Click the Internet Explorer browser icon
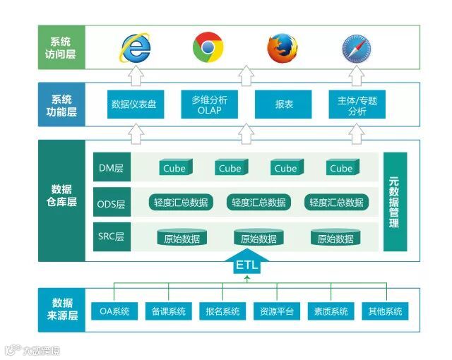click(136, 47)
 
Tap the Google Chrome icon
click(208, 47)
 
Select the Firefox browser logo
click(282, 48)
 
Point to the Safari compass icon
click(355, 48)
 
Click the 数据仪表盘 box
click(134, 104)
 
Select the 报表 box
click(283, 104)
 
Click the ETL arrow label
click(246, 266)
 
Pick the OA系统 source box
click(114, 311)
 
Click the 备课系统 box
click(168, 311)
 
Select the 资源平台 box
click(277, 311)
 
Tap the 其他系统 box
click(385, 311)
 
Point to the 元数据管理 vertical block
click(395, 202)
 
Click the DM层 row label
click(111, 168)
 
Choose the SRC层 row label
click(111, 237)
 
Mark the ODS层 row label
click(111, 203)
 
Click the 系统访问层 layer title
click(62, 47)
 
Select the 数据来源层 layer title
click(62, 311)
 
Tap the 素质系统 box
click(331, 311)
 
